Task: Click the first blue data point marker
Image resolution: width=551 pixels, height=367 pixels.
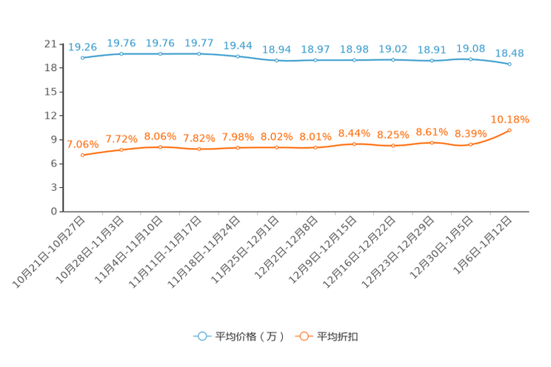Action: point(82,58)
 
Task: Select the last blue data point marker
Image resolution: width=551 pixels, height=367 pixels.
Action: point(510,65)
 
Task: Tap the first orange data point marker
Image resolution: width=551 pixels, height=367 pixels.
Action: point(82,156)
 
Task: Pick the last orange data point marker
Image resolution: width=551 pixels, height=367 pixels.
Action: point(510,131)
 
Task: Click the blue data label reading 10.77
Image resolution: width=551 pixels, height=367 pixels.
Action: point(198,44)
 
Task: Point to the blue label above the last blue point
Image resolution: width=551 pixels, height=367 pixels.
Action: point(510,53)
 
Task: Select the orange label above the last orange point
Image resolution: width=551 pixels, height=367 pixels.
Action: point(510,118)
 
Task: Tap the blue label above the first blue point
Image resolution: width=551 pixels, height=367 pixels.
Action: point(82,47)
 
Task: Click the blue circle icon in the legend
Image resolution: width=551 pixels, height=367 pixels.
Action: point(201,336)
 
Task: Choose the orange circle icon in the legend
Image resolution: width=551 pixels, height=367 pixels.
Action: point(303,336)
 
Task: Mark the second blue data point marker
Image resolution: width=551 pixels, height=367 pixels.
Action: point(121,53)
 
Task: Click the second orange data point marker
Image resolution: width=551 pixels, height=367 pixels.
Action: point(121,150)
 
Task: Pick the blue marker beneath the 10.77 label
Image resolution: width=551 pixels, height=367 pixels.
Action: point(198,54)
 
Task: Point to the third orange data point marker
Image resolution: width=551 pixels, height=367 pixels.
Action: point(160,147)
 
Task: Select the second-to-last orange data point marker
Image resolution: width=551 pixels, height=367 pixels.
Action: point(471,145)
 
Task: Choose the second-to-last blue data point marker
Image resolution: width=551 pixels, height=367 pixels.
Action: point(471,59)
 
